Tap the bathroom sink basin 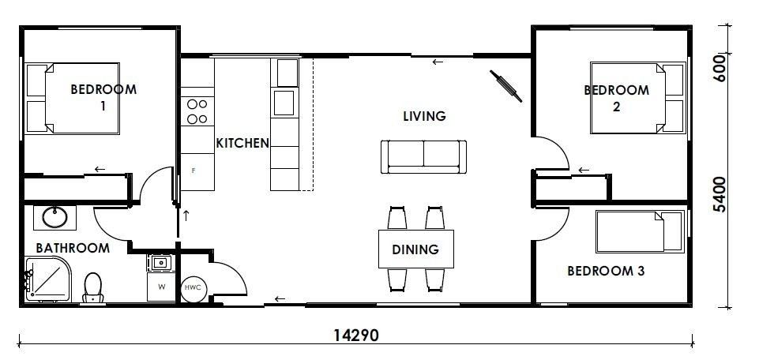click(x=54, y=217)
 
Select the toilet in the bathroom click(x=92, y=288)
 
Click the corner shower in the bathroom click(x=47, y=279)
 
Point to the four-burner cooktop click(x=197, y=111)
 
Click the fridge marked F click(x=197, y=171)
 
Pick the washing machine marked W click(x=162, y=287)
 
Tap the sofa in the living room click(x=423, y=157)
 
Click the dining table click(x=415, y=249)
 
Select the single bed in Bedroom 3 click(x=640, y=231)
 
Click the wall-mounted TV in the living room click(x=505, y=86)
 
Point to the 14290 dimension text click(x=356, y=335)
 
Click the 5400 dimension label click(x=720, y=194)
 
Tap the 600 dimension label click(x=720, y=68)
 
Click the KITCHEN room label click(x=242, y=143)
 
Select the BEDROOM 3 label click(x=606, y=271)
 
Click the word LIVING click(x=424, y=116)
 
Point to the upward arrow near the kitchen click(x=186, y=216)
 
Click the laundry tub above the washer click(x=161, y=263)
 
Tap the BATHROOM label click(x=73, y=248)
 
